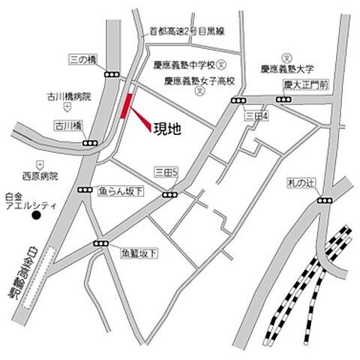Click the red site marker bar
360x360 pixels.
point(126,106)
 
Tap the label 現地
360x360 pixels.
point(167,128)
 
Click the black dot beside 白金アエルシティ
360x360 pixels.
point(34,217)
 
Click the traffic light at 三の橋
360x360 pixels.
point(112,73)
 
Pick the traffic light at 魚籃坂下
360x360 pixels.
point(100,244)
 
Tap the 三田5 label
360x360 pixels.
point(164,172)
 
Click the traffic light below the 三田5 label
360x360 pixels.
point(171,194)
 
